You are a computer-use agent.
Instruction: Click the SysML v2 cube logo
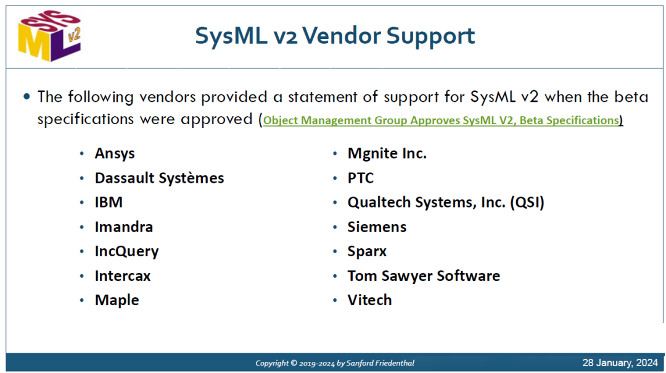(50, 36)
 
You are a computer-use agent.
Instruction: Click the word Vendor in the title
(342, 35)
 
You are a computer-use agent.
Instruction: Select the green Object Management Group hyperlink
(441, 120)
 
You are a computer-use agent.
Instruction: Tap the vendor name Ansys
(115, 154)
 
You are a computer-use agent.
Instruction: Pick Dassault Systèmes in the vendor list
(159, 178)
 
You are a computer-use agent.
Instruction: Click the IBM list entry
(109, 202)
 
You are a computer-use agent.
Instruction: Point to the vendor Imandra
(123, 227)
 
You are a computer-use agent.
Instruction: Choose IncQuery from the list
(126, 251)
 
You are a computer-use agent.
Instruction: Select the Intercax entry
(123, 276)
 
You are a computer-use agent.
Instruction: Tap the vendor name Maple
(117, 300)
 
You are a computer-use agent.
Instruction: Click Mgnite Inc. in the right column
(387, 154)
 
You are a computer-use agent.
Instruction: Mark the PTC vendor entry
(361, 178)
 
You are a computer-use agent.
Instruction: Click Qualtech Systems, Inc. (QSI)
(446, 203)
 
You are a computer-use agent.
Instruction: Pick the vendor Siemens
(377, 227)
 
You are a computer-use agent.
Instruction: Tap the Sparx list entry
(367, 251)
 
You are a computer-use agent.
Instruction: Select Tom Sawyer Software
(424, 276)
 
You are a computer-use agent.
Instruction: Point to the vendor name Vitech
(369, 300)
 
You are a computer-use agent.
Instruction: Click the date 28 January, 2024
(620, 363)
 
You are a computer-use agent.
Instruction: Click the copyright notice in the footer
(335, 363)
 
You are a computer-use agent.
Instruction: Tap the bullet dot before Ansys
(82, 154)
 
